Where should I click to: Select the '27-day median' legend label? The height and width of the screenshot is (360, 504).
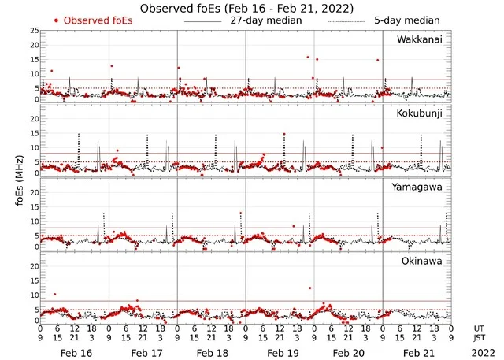(266, 20)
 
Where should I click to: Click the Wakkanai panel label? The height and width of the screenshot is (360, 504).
(420, 39)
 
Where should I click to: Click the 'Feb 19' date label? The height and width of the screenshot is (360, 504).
(280, 353)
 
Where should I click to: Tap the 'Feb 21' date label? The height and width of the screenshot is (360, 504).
(417, 353)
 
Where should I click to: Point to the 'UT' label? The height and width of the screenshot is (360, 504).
(480, 328)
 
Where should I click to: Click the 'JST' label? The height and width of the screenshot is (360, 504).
(480, 339)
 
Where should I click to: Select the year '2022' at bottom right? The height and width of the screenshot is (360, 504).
(480, 353)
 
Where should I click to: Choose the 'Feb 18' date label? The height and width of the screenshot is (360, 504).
(212, 353)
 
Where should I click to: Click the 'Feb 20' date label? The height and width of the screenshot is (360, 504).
(349, 353)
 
